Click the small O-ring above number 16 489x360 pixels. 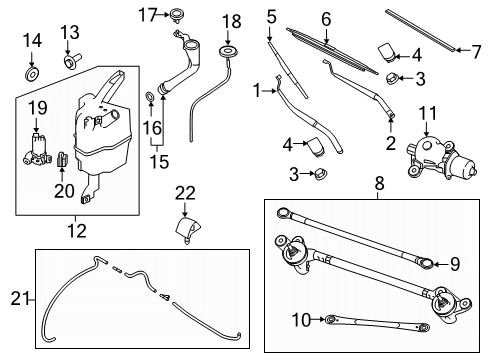tap(149, 96)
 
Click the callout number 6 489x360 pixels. tap(325, 18)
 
